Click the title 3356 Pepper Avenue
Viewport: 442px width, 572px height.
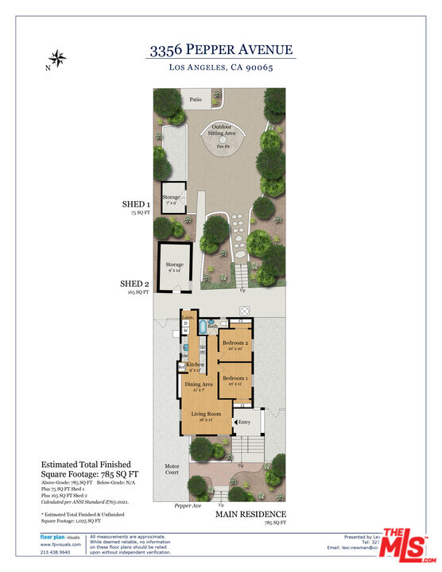point(221,50)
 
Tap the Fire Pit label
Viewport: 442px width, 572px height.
point(224,146)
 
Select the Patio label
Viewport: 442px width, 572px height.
point(195,100)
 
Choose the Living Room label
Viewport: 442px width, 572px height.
point(206,415)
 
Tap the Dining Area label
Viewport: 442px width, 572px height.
point(199,385)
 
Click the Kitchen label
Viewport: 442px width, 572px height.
point(196,365)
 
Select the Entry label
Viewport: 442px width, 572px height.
point(245,422)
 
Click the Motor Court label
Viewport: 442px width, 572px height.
point(172,470)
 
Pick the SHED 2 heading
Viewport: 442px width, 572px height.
point(134,284)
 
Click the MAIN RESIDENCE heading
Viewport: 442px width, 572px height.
point(250,514)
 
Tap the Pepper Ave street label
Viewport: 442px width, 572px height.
point(188,505)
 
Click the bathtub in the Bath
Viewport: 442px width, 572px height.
point(204,326)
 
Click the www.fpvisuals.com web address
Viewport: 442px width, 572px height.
point(60,544)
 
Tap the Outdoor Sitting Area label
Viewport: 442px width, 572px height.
point(223,130)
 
